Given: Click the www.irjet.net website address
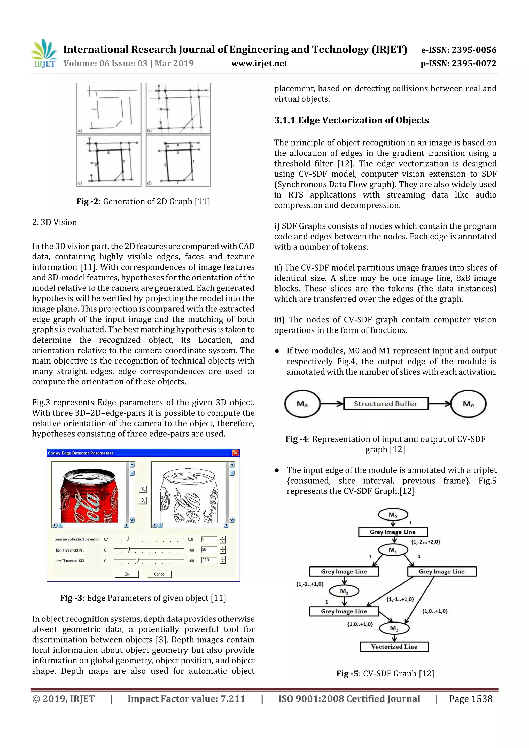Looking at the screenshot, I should (x=259, y=64).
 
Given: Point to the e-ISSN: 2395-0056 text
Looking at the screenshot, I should (x=458, y=50).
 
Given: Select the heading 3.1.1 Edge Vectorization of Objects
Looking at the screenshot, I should (x=351, y=120).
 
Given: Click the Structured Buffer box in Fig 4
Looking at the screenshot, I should (x=386, y=404).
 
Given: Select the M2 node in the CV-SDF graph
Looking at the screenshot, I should (x=344, y=591).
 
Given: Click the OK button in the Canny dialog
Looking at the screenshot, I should (x=127, y=574).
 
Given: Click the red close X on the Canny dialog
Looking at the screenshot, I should (x=235, y=453).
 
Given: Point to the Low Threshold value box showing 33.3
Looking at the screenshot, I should (x=209, y=560).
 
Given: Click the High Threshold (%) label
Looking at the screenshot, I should (x=69, y=550).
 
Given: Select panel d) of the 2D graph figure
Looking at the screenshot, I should (x=178, y=161).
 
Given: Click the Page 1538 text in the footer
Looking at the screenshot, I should (x=470, y=699).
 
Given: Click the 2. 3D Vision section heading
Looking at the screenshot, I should (x=55, y=223).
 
